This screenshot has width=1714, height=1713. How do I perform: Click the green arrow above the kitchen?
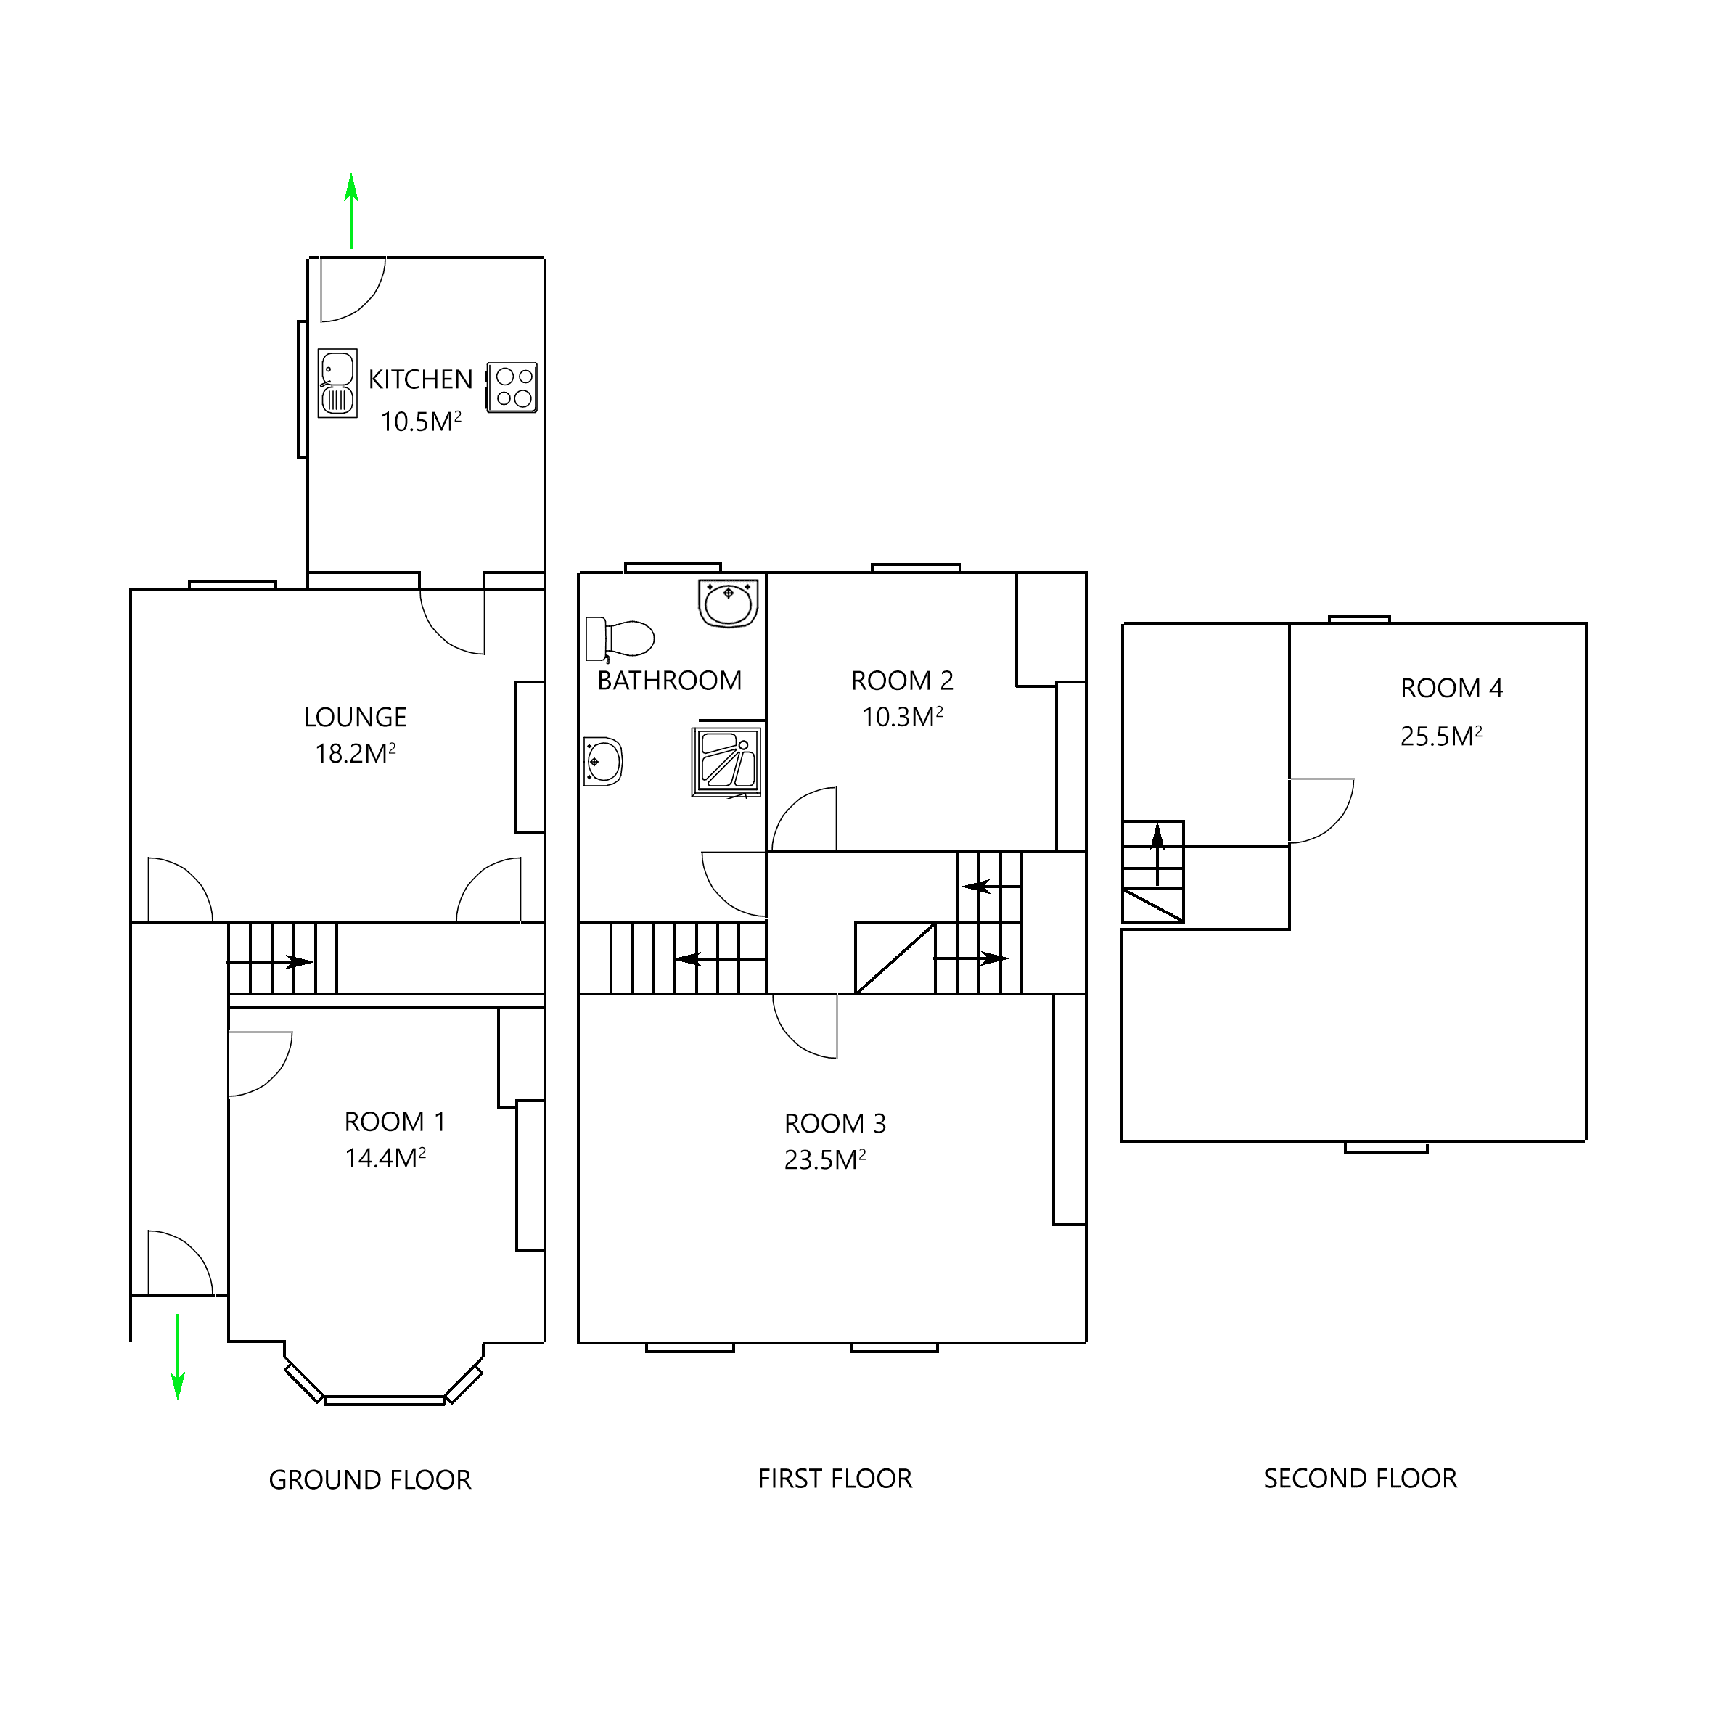click(x=352, y=211)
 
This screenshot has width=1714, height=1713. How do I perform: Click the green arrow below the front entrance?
click(x=179, y=1355)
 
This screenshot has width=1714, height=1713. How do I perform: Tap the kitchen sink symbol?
click(x=338, y=383)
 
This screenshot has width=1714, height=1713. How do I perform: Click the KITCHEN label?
click(x=420, y=379)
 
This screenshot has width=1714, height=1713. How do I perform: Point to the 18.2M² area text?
click(x=355, y=754)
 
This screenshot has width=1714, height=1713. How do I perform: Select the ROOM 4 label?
click(x=1451, y=689)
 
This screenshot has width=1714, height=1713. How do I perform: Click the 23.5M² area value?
click(x=824, y=1160)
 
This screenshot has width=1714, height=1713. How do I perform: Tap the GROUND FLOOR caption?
click(x=370, y=1479)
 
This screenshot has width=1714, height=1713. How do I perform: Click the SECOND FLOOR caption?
click(x=1360, y=1479)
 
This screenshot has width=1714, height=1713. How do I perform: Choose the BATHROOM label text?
click(x=670, y=681)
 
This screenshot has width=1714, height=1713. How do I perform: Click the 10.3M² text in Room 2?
click(x=902, y=718)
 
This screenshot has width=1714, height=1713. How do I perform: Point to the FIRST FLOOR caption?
click(x=835, y=1479)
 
